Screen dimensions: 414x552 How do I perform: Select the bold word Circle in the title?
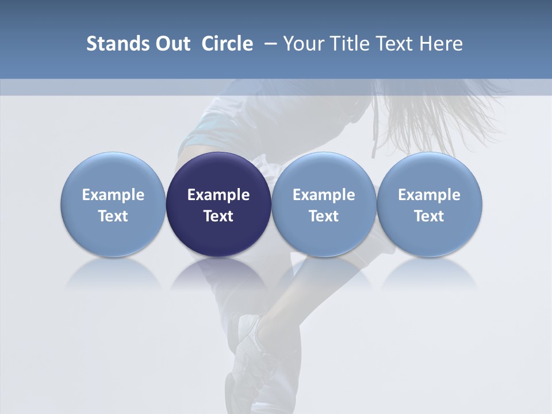(227, 44)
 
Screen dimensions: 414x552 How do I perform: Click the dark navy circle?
(218, 205)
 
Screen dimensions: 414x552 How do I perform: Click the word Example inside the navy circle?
(218, 195)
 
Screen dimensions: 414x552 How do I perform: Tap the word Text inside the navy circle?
(218, 216)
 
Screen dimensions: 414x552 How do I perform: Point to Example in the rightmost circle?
(430, 195)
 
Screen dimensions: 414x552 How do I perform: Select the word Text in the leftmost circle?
(113, 216)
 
